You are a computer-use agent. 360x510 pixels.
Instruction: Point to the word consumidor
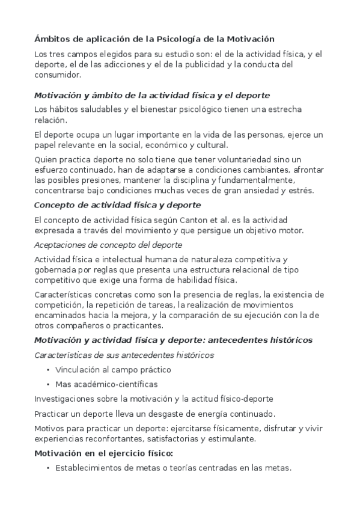tap(57, 75)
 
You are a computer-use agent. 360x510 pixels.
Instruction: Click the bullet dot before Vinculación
tap(47, 369)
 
